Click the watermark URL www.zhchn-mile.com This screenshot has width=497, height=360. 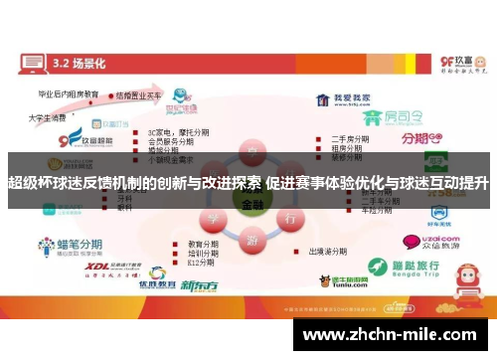(x=393, y=335)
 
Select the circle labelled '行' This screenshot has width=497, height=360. (x=288, y=217)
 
